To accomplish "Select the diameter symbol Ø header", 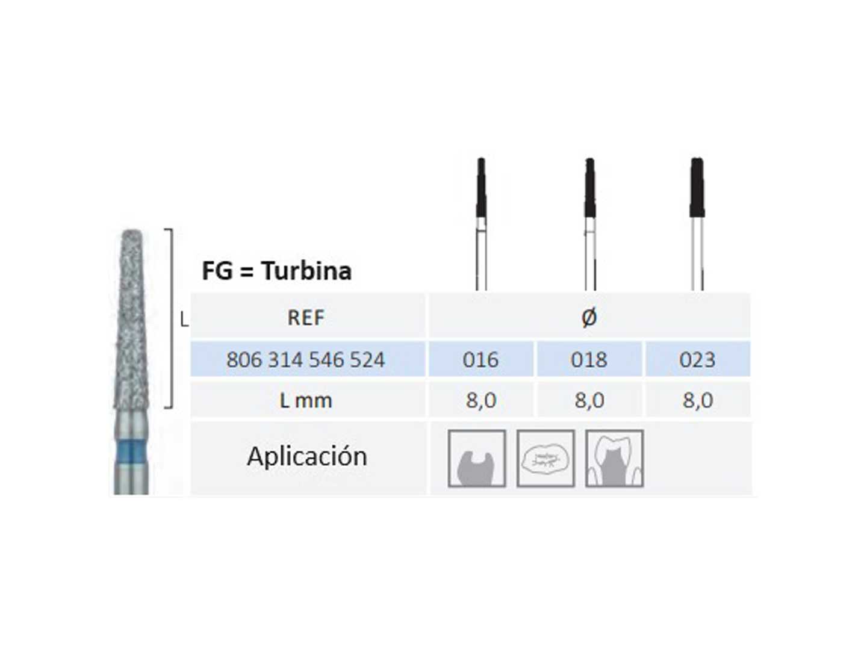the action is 589,317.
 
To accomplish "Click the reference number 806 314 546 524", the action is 306,359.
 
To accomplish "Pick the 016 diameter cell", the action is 480,359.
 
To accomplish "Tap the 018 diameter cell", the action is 589,359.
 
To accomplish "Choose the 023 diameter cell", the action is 697,359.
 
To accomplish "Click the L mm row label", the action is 306,401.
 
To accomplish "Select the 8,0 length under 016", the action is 480,401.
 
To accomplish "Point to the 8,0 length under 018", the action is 589,401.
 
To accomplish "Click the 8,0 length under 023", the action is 698,401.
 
